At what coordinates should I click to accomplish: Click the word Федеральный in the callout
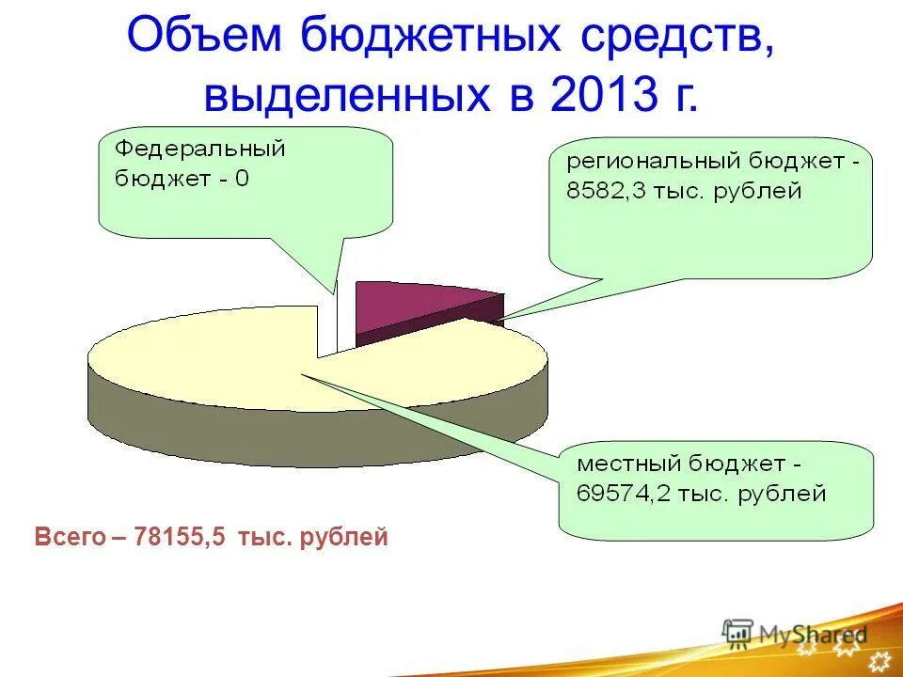(199, 149)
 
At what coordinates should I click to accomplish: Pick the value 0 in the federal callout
(243, 180)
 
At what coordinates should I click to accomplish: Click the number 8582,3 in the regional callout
(607, 192)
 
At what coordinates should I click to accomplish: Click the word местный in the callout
(627, 464)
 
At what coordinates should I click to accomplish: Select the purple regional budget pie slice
(414, 303)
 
